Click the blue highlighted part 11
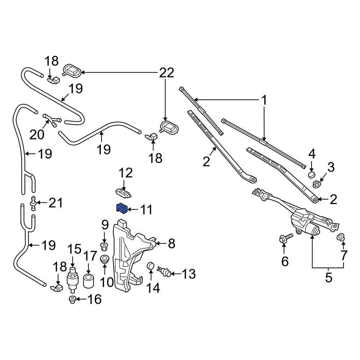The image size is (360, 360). [122, 208]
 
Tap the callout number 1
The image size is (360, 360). [264, 100]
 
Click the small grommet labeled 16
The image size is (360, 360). [72, 300]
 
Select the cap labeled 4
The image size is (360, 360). [311, 175]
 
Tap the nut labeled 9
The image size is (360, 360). [104, 247]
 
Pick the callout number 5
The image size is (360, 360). [328, 278]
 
